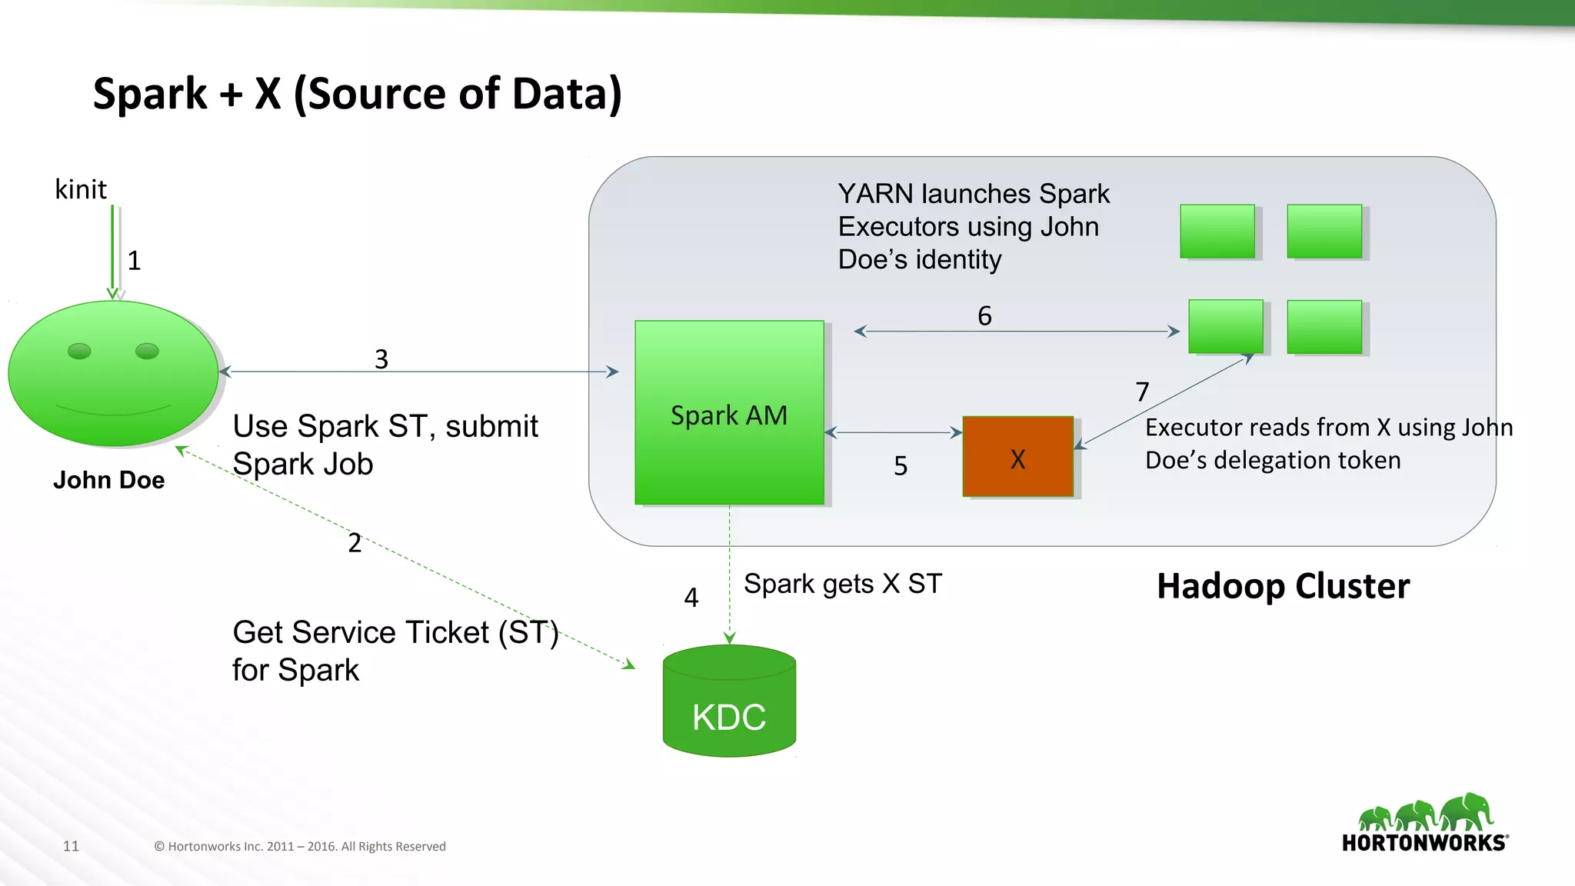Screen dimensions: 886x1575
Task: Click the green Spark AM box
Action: point(729,413)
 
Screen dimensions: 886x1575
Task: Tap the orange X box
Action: point(1017,458)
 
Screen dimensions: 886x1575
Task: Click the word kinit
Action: point(81,189)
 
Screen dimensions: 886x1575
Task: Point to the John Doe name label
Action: point(108,480)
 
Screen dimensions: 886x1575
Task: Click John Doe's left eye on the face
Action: point(79,351)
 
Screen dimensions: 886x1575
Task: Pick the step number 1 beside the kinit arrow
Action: point(135,261)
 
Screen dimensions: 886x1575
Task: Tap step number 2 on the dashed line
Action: point(355,543)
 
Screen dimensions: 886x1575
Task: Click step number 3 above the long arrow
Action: point(381,358)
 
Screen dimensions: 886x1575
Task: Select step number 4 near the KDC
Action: point(691,598)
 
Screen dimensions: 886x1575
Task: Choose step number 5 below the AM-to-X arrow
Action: point(901,465)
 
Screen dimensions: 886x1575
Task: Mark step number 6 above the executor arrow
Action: point(984,315)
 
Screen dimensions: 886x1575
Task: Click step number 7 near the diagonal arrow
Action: point(1142,392)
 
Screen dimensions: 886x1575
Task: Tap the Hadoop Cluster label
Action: point(1283,586)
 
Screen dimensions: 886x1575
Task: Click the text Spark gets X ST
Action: point(842,584)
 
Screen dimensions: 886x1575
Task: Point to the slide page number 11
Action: point(71,846)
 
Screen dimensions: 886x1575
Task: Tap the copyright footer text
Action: point(300,846)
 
